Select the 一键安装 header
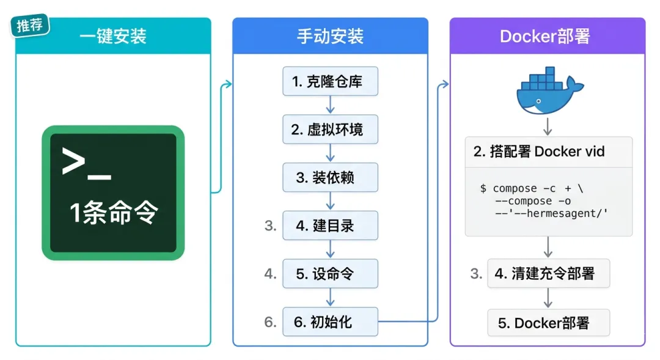point(113,36)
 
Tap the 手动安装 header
point(330,36)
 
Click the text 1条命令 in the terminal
point(114,213)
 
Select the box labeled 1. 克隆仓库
point(330,82)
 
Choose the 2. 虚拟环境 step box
point(330,130)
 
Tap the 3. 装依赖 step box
point(330,178)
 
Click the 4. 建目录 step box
point(330,226)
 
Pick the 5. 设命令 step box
point(330,274)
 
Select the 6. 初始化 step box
point(330,322)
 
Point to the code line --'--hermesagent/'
point(552,213)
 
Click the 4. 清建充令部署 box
point(548,274)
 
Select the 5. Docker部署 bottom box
point(548,323)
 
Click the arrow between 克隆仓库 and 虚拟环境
point(330,105)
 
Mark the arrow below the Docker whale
point(548,127)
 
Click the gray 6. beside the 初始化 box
point(271,322)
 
